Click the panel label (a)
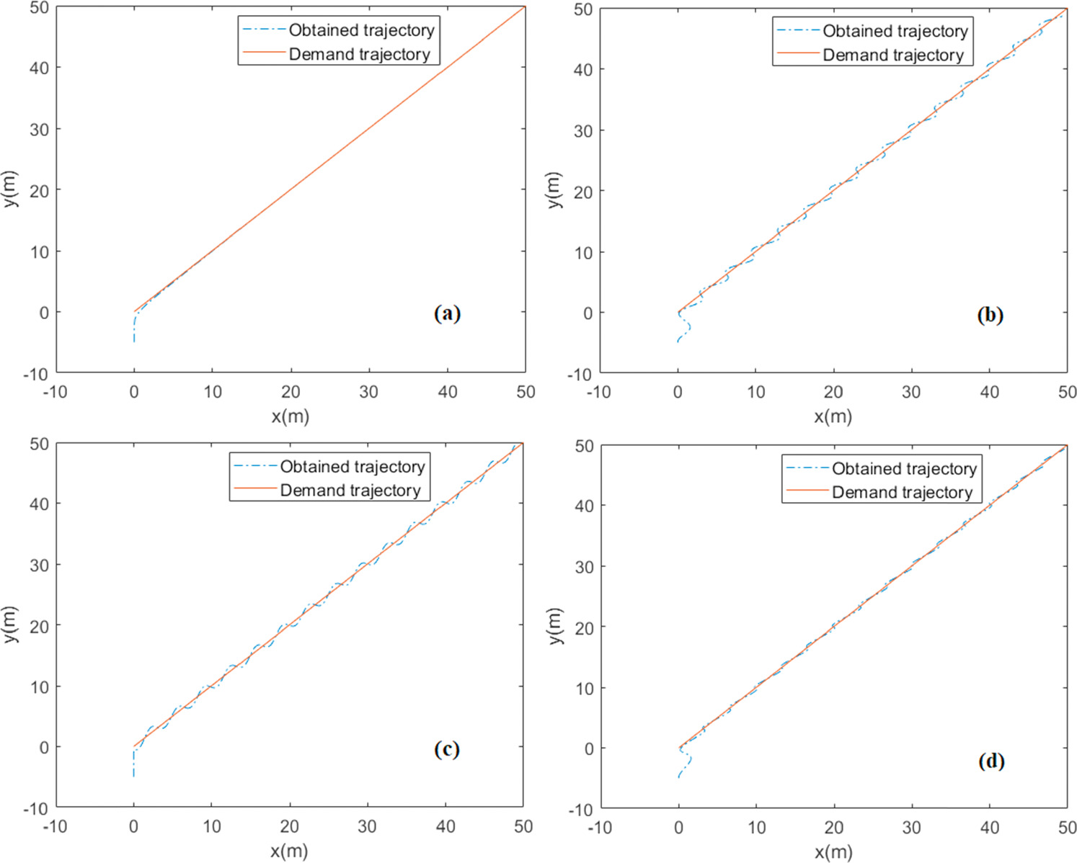tap(447, 313)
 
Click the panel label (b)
tap(990, 315)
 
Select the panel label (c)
tap(447, 749)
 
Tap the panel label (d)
tap(991, 761)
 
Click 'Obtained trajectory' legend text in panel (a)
tap(362, 30)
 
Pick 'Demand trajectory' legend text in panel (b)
tap(893, 55)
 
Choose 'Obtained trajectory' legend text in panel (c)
tap(353, 467)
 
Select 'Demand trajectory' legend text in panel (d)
tap(903, 493)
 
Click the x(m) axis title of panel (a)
tap(290, 416)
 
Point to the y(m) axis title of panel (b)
tap(554, 190)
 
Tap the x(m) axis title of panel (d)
tap(833, 852)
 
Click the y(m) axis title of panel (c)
tap(10, 625)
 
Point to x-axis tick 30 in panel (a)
tap(368, 392)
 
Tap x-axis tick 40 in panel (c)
tap(445, 827)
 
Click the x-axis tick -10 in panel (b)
tap(598, 393)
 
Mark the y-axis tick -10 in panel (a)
tap(38, 374)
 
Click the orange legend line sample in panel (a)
tap(264, 54)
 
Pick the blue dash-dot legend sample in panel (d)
tap(807, 469)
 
